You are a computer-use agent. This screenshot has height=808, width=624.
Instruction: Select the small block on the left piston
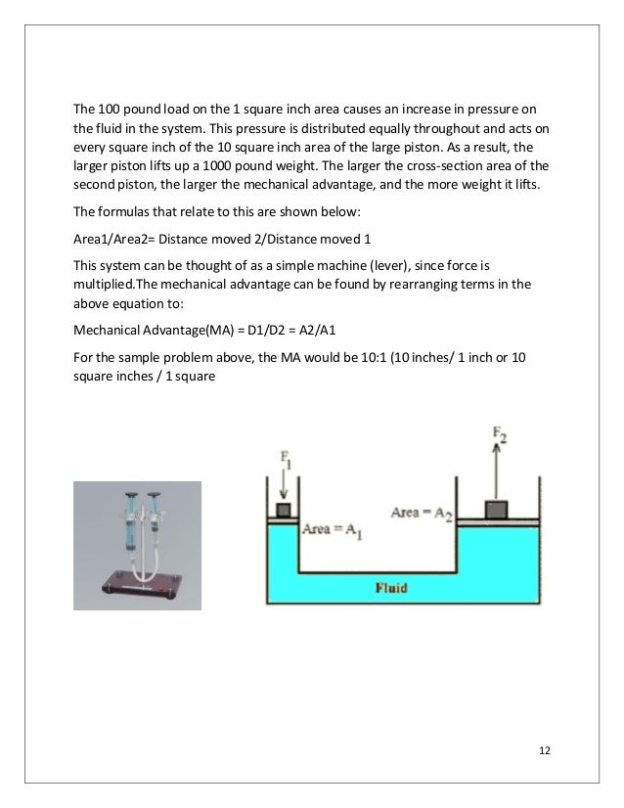(x=285, y=512)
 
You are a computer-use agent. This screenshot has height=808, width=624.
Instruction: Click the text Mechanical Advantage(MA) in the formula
(x=133, y=329)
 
